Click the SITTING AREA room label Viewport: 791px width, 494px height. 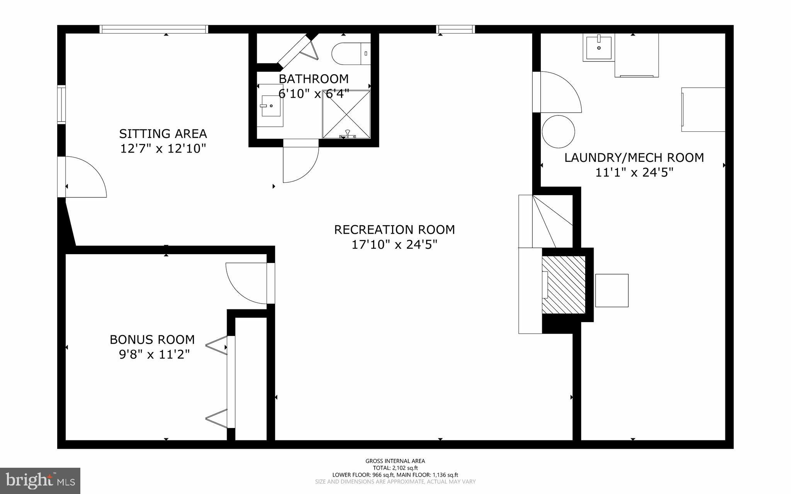[x=163, y=134]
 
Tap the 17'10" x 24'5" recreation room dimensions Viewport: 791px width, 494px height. [x=394, y=244]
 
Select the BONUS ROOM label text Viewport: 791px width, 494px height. [x=152, y=340]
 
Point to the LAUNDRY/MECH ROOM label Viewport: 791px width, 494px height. [x=634, y=158]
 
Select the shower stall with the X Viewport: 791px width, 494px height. [x=346, y=114]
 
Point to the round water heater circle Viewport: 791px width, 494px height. [x=558, y=131]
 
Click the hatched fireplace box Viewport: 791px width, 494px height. [x=564, y=284]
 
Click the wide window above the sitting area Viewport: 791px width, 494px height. [x=154, y=29]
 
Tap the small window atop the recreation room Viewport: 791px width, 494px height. [x=455, y=29]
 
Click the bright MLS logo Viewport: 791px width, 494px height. [x=40, y=480]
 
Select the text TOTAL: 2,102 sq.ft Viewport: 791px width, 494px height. [x=395, y=468]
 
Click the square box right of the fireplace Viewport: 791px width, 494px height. [x=611, y=290]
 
